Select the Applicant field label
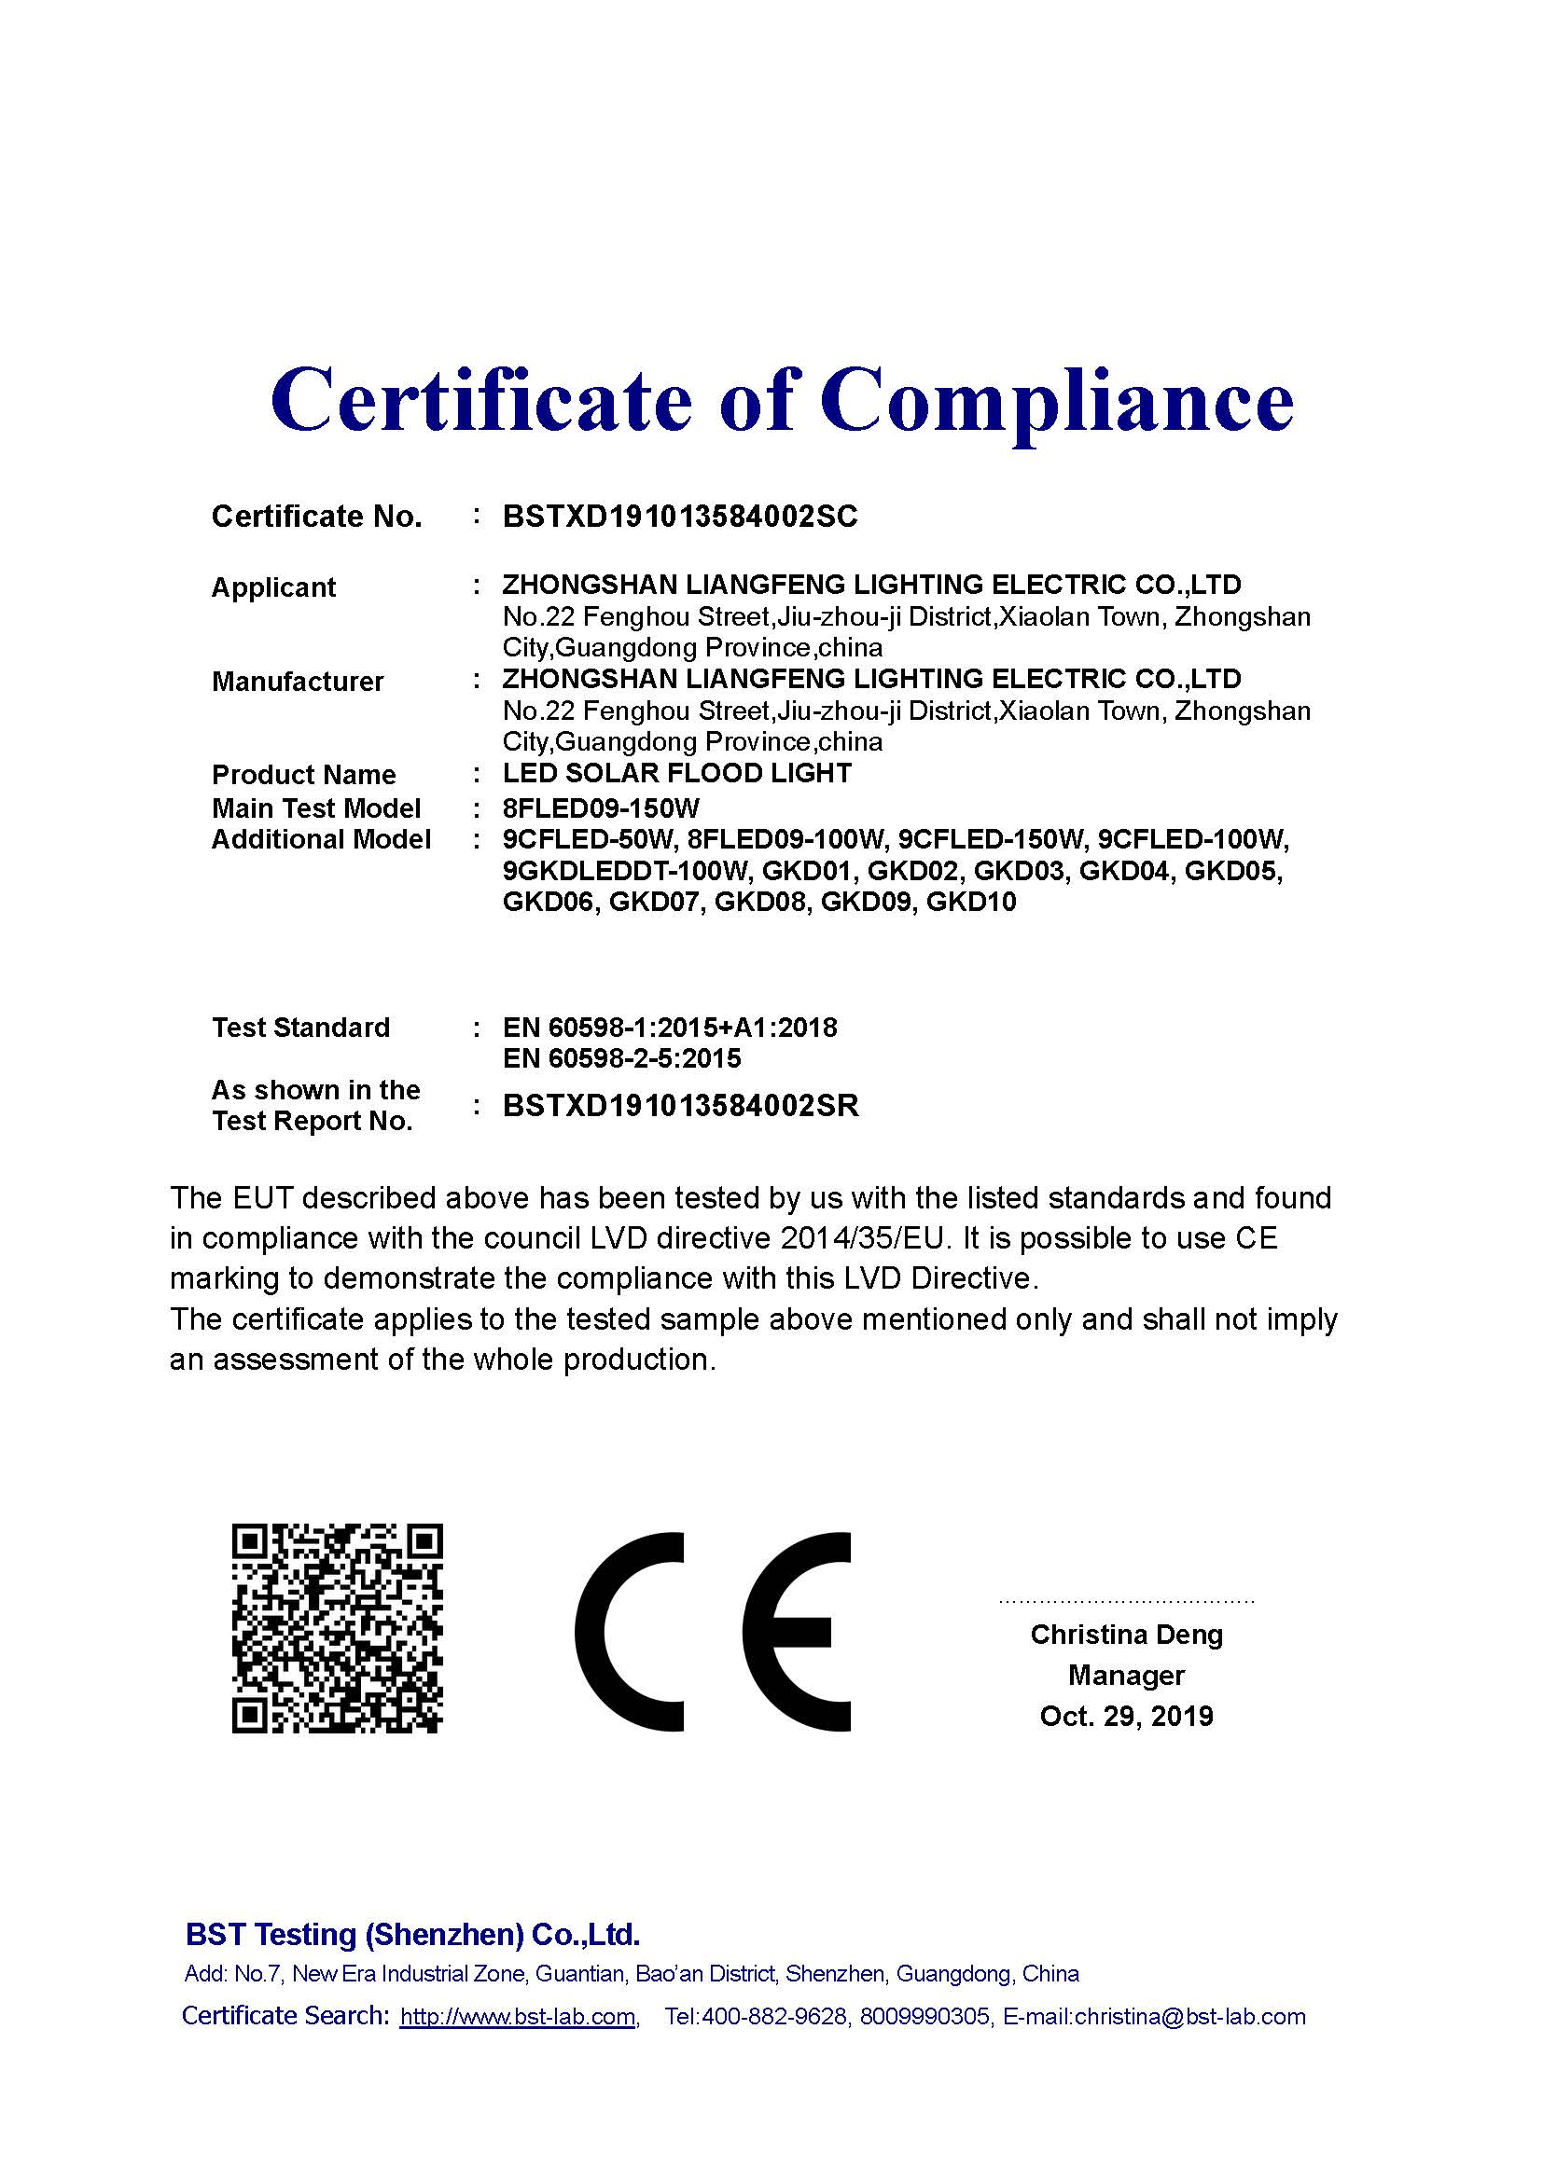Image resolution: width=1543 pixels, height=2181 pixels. [273, 587]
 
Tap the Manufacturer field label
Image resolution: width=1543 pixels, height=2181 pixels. [298, 681]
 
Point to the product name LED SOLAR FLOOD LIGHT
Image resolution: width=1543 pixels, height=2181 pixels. [676, 773]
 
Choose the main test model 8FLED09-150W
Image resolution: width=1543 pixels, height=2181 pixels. [601, 808]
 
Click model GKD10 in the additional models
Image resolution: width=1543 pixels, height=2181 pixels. [971, 902]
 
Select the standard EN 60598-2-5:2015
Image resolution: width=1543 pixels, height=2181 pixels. [621, 1058]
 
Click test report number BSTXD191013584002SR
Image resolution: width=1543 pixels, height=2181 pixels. [680, 1106]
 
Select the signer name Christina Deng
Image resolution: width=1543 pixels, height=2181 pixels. [1126, 1635]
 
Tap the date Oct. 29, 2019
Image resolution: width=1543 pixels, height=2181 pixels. [1126, 1716]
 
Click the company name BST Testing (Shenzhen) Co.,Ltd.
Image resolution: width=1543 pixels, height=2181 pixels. [412, 1934]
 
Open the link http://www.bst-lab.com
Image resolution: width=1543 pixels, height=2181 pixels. [518, 2017]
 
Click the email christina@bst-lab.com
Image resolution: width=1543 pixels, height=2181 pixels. [1189, 2017]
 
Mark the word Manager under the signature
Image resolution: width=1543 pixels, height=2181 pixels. [1126, 1675]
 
